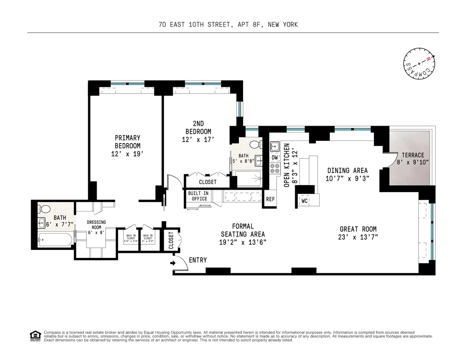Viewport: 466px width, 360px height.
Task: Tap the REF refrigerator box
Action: pos(270,199)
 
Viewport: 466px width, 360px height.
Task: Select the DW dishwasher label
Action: pos(275,157)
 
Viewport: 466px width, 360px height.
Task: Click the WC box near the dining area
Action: pos(304,201)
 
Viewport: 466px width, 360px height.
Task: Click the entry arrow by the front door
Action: pos(173,263)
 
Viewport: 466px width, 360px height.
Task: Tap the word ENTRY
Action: pos(198,260)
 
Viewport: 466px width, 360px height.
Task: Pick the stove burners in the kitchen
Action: pos(275,168)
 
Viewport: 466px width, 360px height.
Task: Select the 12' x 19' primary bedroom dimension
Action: pos(127,154)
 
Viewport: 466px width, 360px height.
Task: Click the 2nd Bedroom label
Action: pos(198,132)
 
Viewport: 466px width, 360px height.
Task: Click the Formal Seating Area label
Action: pos(243,230)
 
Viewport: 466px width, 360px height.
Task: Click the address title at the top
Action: pos(228,25)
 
